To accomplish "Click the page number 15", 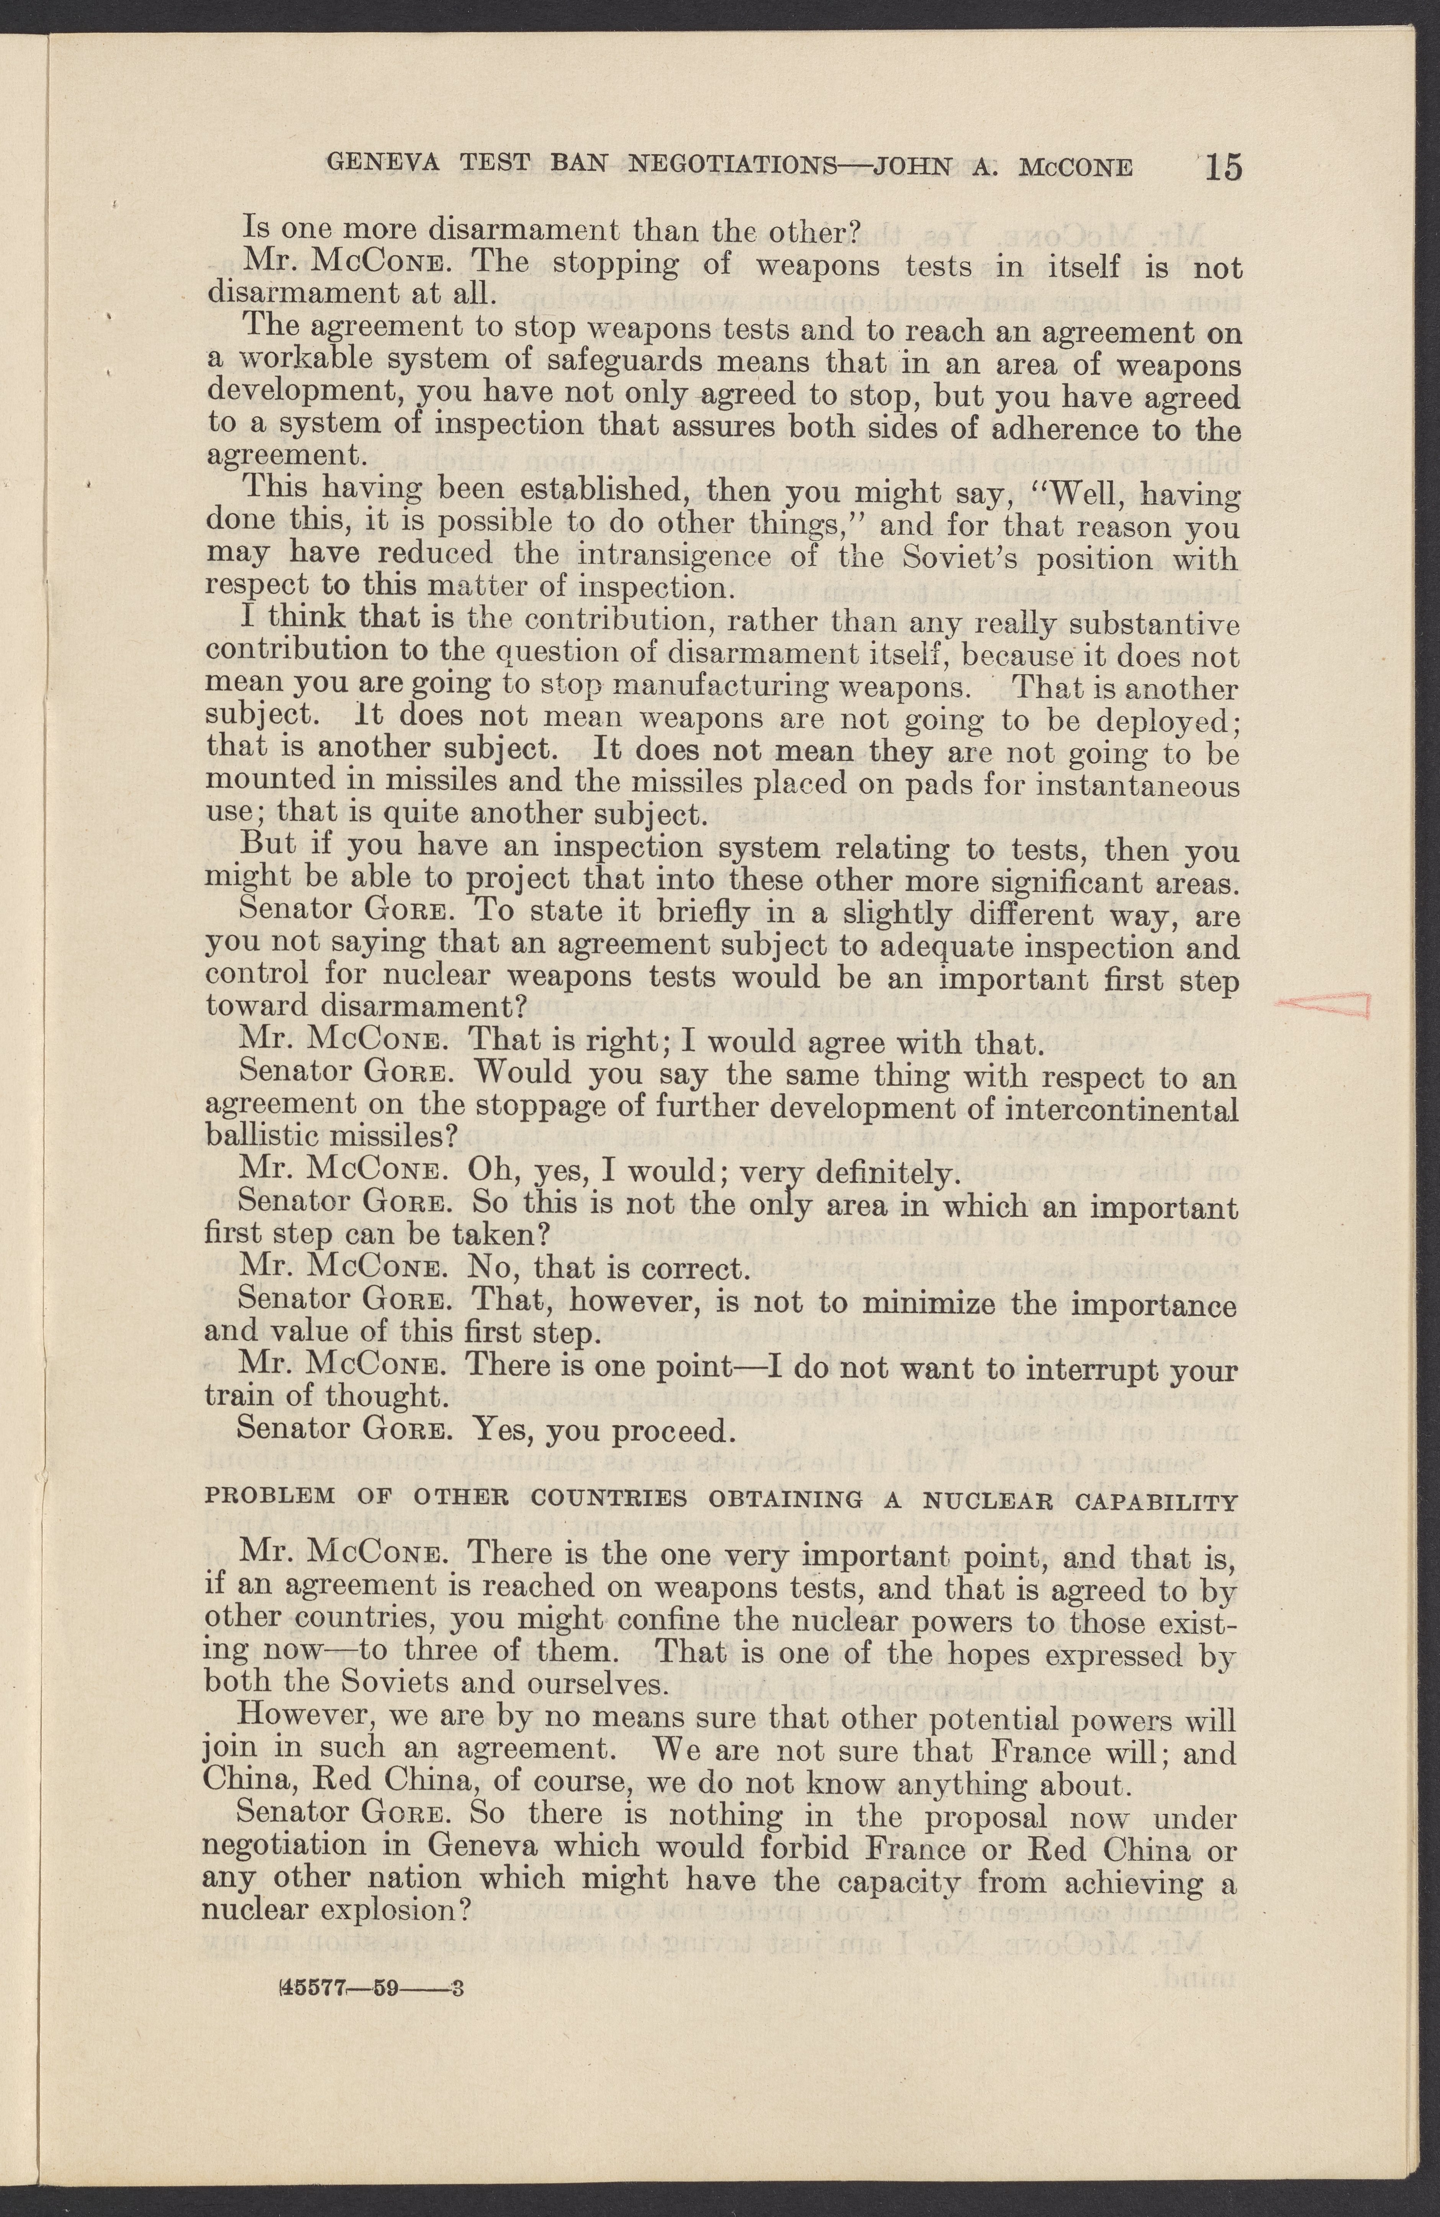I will [x=1223, y=168].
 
